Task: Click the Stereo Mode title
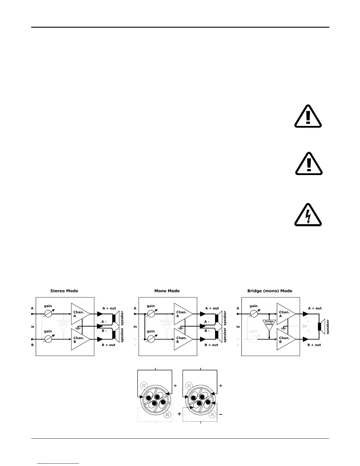point(64,291)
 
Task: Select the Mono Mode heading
point(167,291)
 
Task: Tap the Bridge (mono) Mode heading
point(270,291)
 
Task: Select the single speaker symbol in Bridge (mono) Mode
point(321,327)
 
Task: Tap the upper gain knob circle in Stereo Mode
point(48,314)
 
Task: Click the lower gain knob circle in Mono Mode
point(151,339)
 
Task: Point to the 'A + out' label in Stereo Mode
point(109,308)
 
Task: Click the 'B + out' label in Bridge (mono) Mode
point(314,345)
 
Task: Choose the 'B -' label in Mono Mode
point(207,331)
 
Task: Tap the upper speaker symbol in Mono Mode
point(218,318)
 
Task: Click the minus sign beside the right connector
point(220,414)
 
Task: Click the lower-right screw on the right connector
point(212,415)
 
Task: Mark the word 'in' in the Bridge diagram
point(238,327)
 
